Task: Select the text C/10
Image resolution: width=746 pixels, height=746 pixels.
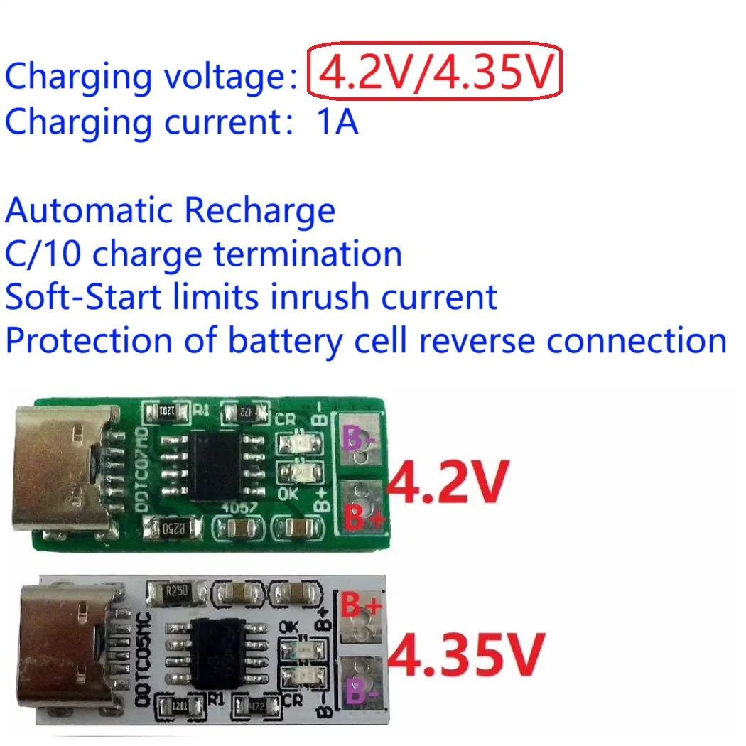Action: tap(44, 254)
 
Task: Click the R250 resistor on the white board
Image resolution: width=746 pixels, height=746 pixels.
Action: tap(177, 590)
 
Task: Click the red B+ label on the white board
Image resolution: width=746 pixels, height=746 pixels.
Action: tap(362, 607)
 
